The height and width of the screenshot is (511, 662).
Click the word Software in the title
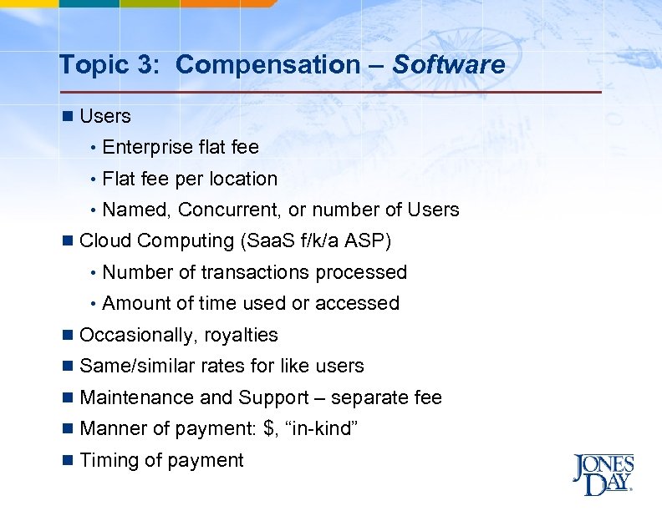click(449, 64)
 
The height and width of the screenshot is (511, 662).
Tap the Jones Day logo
click(603, 473)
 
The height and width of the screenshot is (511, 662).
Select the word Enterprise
click(148, 147)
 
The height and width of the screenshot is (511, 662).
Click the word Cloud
click(105, 241)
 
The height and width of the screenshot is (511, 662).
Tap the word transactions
click(258, 272)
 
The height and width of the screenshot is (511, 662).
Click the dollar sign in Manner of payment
click(268, 429)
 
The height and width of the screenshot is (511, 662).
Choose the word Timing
click(107, 460)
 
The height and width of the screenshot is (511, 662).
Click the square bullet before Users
click(68, 116)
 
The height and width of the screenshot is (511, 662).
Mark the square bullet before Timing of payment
click(68, 460)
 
